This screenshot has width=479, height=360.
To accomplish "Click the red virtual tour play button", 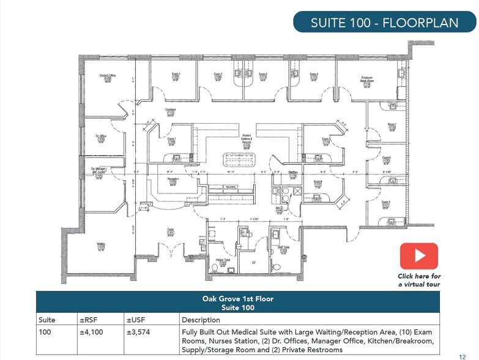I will point(418,256).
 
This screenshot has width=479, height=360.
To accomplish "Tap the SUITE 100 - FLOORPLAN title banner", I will point(384,23).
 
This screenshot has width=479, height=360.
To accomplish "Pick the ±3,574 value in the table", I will point(138,331).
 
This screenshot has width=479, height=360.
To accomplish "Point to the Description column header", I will point(201,320).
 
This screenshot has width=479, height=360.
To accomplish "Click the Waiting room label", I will point(101,246).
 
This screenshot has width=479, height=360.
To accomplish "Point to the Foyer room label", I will point(171,231).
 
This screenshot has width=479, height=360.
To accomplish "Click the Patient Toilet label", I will point(223,261).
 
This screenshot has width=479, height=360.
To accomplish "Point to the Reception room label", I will point(173,180).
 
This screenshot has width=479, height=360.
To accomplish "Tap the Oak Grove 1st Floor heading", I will point(237,299).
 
